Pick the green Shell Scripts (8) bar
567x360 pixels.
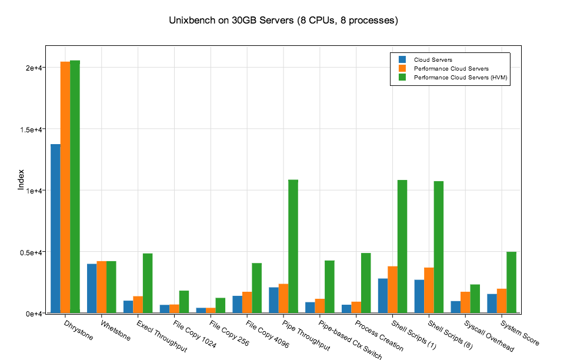(x=438, y=247)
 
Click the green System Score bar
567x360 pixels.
(x=511, y=282)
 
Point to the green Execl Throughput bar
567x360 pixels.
(x=148, y=283)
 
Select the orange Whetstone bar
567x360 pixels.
(x=102, y=286)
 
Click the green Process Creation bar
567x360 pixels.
(x=366, y=283)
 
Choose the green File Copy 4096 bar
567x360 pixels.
(x=256, y=288)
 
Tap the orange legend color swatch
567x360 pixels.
(x=402, y=69)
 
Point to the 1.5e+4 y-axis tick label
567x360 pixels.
(x=29, y=129)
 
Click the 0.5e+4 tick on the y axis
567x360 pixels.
(x=29, y=252)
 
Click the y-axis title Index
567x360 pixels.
(x=21, y=180)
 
